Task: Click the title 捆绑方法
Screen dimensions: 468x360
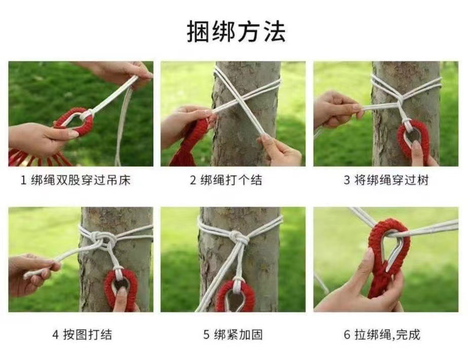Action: (236, 31)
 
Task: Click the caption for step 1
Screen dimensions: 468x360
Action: (75, 180)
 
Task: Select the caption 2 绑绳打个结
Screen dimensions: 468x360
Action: (226, 180)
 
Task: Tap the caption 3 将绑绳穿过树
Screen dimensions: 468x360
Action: (386, 180)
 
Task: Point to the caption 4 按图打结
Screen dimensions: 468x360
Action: (83, 335)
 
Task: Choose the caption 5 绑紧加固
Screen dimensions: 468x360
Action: (233, 335)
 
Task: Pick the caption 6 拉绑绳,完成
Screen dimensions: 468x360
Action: (382, 335)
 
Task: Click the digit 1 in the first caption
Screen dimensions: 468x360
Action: (24, 180)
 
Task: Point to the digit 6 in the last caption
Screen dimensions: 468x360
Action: (347, 335)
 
